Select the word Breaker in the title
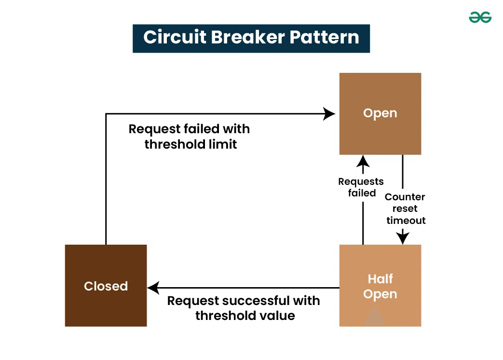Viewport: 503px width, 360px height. click(x=251, y=38)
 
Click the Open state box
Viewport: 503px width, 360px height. click(x=380, y=113)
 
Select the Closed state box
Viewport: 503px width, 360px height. click(x=106, y=286)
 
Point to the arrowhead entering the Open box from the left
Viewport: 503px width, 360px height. click(x=330, y=114)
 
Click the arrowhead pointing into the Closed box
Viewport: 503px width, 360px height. click(x=153, y=288)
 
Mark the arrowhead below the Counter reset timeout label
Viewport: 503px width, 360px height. click(x=403, y=238)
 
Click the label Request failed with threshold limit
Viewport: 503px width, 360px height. click(x=190, y=137)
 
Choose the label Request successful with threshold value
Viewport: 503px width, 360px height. click(x=244, y=308)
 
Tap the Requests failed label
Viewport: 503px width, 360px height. click(x=361, y=187)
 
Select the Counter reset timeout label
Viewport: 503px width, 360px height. click(x=406, y=208)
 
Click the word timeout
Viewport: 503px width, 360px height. click(x=406, y=221)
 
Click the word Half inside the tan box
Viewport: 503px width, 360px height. click(x=380, y=279)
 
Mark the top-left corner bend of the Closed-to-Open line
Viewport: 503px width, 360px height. click(x=106, y=114)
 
